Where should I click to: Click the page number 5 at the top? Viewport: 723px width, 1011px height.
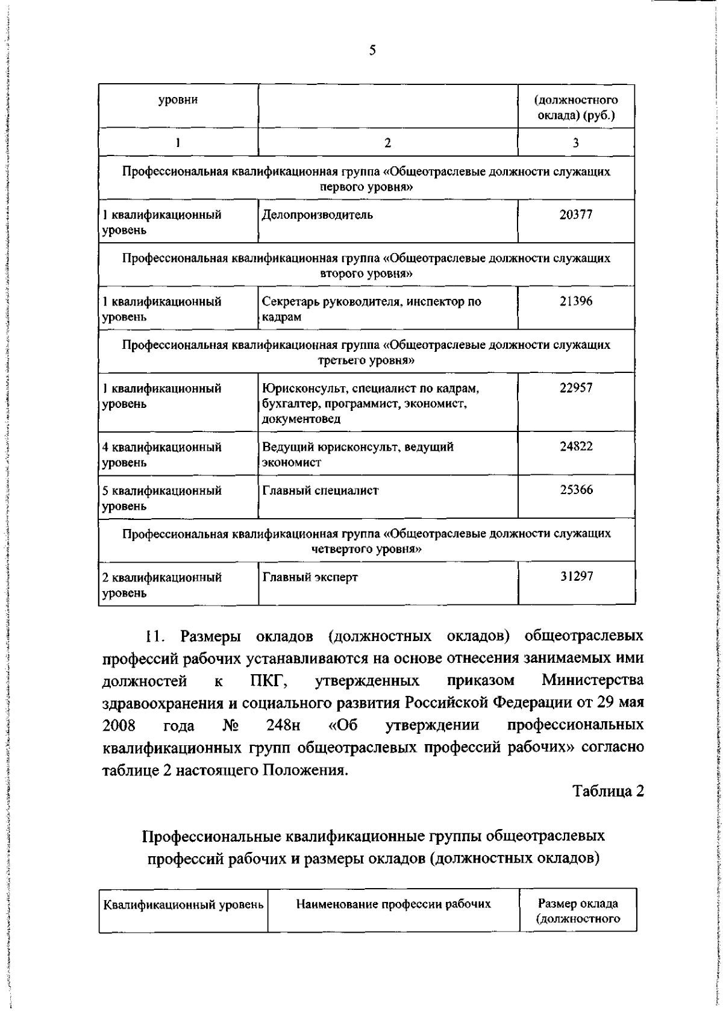click(372, 51)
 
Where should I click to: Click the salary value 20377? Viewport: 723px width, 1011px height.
click(576, 214)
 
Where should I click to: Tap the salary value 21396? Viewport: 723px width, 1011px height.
click(576, 301)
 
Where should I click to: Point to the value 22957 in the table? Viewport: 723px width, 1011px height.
click(576, 388)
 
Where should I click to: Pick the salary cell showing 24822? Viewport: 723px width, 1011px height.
click(576, 447)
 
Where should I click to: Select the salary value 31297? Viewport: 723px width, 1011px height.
click(576, 577)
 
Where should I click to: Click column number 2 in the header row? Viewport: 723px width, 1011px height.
click(387, 143)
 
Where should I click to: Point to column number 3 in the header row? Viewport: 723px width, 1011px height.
click(576, 143)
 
